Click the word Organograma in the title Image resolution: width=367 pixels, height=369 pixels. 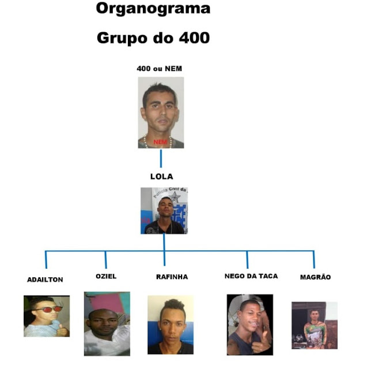[153, 9]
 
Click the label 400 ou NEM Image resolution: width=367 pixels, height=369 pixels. [160, 69]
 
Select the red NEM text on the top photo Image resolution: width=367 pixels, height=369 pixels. [160, 141]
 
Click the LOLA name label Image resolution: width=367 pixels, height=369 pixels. [161, 176]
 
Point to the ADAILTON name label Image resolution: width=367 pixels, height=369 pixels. [45, 280]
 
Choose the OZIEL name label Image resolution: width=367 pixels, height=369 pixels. [106, 276]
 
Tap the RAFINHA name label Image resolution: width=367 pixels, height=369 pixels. [172, 277]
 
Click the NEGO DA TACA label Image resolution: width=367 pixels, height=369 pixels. [251, 276]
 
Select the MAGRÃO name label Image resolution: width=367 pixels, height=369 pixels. [315, 277]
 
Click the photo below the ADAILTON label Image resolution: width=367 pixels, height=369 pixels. [47, 316]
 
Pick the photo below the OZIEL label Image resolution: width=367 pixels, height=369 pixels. [107, 323]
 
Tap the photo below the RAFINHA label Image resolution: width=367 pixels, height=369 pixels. [171, 325]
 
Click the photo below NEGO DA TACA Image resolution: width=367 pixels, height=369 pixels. [249, 325]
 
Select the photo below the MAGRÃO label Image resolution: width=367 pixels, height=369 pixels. [314, 325]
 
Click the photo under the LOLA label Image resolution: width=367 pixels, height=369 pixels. [164, 210]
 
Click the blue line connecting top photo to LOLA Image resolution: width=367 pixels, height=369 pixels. [161, 158]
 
